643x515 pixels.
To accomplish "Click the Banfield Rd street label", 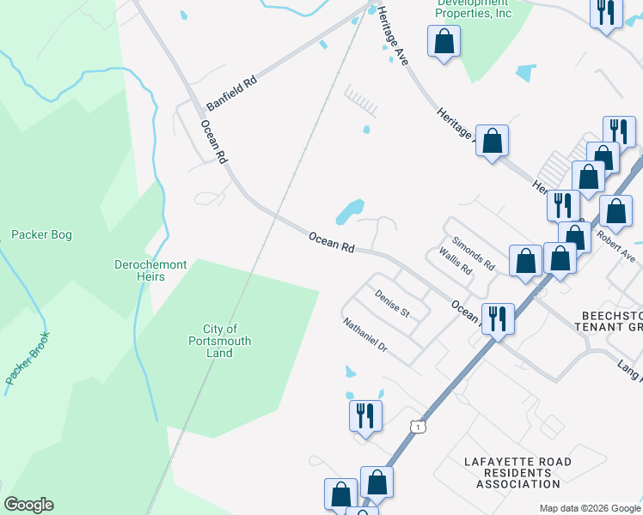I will (x=232, y=92).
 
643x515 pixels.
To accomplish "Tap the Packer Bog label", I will (x=41, y=234).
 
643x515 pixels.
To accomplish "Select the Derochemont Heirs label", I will (x=150, y=271).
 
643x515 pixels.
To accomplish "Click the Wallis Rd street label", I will (x=456, y=261).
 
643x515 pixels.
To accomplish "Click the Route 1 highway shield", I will (x=417, y=427).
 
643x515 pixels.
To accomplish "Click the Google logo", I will (x=28, y=505).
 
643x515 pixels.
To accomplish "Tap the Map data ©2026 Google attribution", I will (x=589, y=508).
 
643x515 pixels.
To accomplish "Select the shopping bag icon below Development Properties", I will (x=444, y=41).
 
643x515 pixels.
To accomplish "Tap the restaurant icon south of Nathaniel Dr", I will (x=365, y=416).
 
